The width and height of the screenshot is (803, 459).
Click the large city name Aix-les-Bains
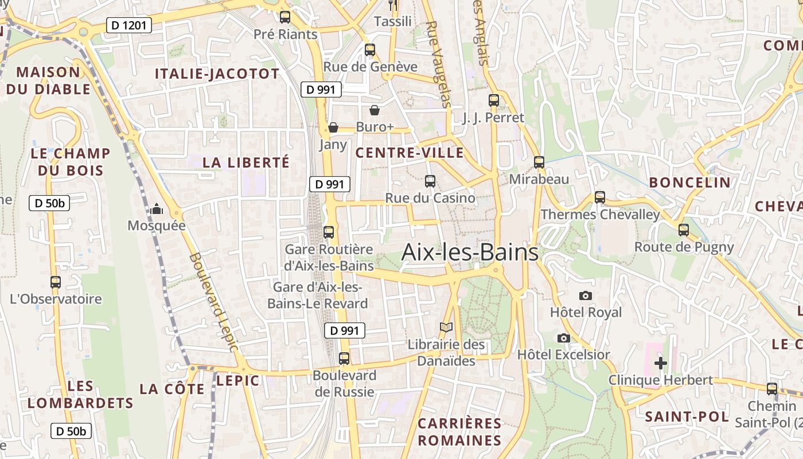pos(470,252)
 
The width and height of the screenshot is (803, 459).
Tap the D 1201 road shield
pos(129,25)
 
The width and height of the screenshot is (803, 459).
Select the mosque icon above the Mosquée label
pos(157,209)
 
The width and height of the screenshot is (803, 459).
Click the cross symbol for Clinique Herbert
pos(661,363)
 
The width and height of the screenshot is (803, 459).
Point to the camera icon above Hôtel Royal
pos(585,295)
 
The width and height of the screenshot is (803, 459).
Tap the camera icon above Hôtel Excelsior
pos(564,338)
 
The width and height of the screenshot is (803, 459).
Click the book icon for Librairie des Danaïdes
pos(446,328)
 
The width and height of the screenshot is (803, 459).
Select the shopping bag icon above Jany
pos(333,127)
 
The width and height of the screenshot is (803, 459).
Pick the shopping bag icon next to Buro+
pos(375,110)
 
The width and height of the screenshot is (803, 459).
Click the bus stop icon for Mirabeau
pos(539,162)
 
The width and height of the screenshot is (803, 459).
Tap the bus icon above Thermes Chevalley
pos(600,197)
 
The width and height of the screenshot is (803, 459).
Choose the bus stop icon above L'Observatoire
pos(56,282)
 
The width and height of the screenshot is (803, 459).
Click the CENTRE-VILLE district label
pos(410,153)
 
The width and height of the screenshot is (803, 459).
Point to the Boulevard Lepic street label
pos(213,302)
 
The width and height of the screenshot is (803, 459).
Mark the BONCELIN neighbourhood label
pos(689,182)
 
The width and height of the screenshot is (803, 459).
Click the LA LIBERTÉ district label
pos(246,162)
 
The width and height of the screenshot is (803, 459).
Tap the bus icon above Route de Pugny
pos(683,230)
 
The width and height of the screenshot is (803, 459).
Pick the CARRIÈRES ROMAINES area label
pos(459,432)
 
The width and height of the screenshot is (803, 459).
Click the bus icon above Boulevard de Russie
pos(344,359)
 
